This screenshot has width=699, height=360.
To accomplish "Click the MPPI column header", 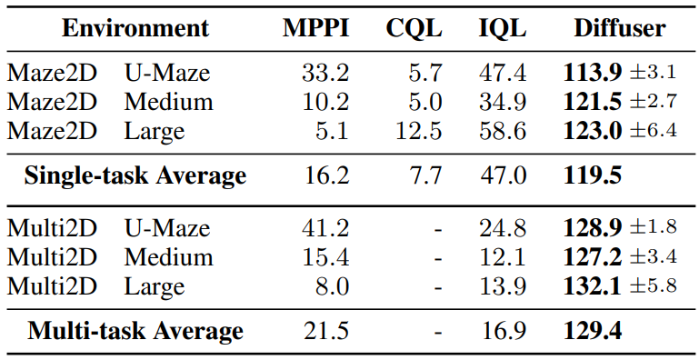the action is [315, 28].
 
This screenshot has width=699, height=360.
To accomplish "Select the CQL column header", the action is [414, 29].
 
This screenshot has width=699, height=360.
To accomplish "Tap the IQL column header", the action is [503, 29].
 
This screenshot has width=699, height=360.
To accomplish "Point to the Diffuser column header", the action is [620, 28].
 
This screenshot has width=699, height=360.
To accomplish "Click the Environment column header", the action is [135, 28].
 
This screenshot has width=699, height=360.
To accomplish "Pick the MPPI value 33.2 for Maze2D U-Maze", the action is [325, 73].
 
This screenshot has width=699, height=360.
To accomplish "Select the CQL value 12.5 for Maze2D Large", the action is [419, 131].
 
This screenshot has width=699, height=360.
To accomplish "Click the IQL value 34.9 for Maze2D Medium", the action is [503, 103].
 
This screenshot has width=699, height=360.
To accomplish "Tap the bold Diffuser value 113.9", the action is [593, 73].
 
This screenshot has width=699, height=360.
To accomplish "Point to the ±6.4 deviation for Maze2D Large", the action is [653, 130].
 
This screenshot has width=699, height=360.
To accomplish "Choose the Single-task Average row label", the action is [135, 175].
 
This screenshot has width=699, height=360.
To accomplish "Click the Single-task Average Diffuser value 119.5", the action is [593, 175].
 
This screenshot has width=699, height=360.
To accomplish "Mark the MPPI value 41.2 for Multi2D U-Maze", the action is [325, 228].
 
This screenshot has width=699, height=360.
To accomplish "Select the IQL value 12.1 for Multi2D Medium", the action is [503, 257].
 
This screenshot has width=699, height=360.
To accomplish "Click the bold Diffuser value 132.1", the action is [593, 286].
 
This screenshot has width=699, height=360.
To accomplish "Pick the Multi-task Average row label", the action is [135, 332].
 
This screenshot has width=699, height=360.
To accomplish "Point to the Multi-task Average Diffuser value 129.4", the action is [593, 331].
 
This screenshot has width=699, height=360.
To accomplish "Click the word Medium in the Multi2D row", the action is [168, 257].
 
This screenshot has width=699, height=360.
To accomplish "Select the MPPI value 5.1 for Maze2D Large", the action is [332, 131].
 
